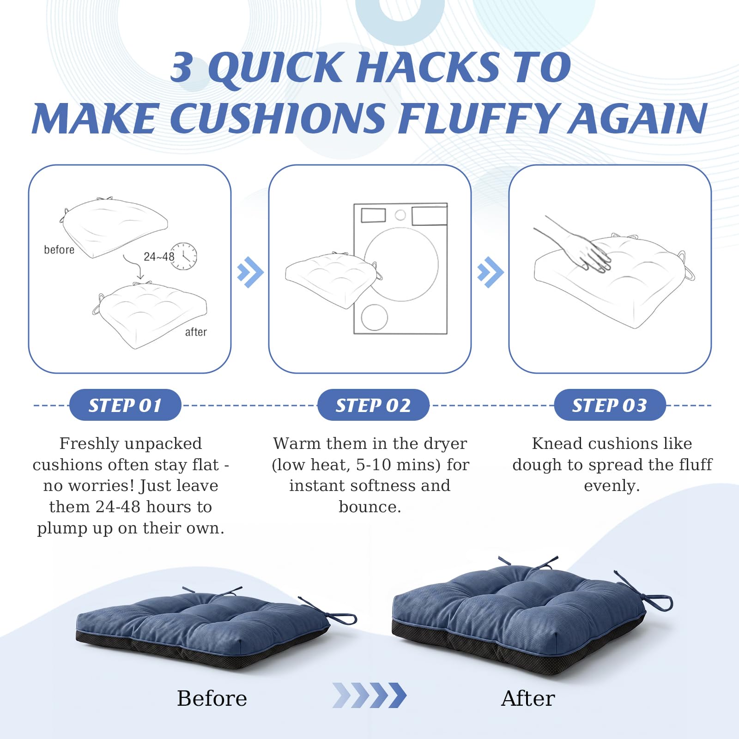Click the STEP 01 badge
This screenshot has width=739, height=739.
(x=125, y=405)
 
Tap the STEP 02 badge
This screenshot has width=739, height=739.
(x=373, y=405)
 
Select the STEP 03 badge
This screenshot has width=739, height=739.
(x=610, y=405)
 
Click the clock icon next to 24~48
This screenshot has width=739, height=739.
(x=184, y=256)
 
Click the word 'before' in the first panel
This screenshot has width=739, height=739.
(x=59, y=250)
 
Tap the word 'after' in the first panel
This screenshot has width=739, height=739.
(x=196, y=332)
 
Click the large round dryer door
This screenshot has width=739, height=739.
(x=401, y=264)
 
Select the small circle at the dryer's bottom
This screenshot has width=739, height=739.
(x=375, y=317)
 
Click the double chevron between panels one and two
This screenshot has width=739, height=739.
(x=250, y=272)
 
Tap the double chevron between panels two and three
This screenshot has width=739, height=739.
(x=491, y=272)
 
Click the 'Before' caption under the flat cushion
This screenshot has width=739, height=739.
(x=212, y=698)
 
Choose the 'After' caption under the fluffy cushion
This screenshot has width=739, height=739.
(x=528, y=698)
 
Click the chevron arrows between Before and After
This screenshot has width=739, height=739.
(x=369, y=695)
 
